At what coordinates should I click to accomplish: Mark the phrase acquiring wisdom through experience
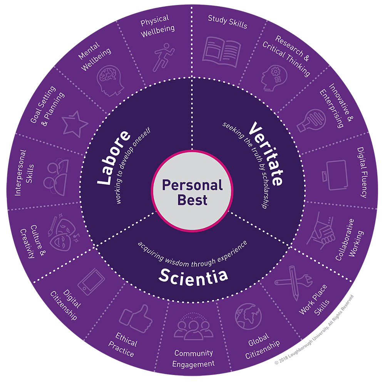point(192,252)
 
